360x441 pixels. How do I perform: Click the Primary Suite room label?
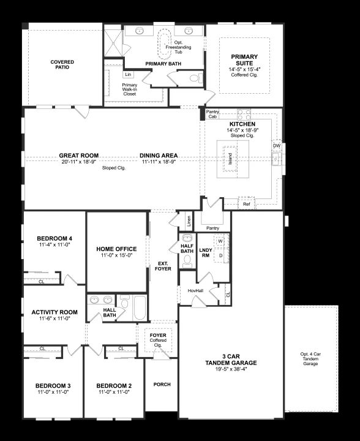click(244, 60)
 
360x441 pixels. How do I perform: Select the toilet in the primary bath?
click(196, 78)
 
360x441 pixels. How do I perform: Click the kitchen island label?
click(230, 159)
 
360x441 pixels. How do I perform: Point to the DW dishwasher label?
click(277, 146)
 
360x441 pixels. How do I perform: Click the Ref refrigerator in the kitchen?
click(247, 203)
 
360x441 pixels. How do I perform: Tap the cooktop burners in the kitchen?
click(244, 115)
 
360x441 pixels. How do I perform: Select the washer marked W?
click(220, 241)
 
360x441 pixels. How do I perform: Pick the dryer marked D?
click(221, 255)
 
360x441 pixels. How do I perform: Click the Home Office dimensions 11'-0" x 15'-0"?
click(116, 255)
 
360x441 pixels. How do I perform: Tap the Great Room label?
click(79, 155)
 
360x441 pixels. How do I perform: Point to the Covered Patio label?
click(62, 64)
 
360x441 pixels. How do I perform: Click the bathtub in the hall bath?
click(140, 307)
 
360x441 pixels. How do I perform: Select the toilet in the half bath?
click(187, 262)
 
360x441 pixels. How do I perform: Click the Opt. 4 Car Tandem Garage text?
click(310, 358)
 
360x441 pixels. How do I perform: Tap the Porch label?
click(162, 384)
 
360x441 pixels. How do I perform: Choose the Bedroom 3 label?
click(53, 386)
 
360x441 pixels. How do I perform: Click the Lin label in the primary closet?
click(128, 75)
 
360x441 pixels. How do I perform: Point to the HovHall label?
click(195, 290)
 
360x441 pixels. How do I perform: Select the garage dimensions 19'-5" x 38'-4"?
click(231, 369)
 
